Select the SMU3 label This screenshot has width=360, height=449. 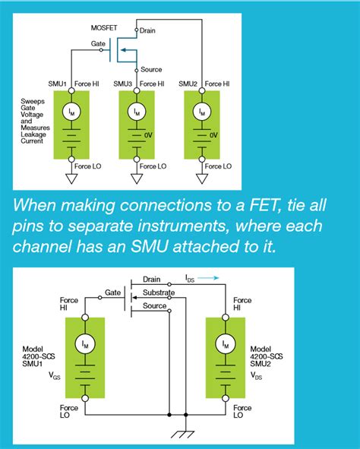(x=123, y=84)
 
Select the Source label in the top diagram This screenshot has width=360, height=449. (x=152, y=69)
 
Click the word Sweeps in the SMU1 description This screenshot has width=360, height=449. (x=34, y=101)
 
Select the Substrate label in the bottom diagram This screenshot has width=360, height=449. (x=159, y=292)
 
